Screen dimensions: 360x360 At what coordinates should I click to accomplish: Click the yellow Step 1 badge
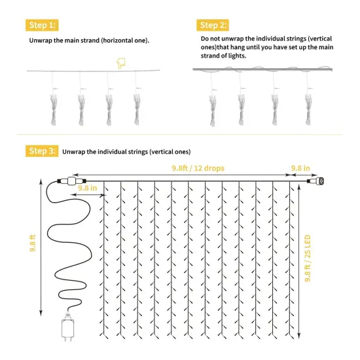[41, 25]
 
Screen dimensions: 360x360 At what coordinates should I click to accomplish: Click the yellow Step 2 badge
[213, 25]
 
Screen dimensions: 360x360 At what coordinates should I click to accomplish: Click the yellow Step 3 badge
[41, 151]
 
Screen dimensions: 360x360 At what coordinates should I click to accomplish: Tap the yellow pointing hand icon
[120, 63]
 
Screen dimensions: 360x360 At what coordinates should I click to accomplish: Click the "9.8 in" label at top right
[301, 168]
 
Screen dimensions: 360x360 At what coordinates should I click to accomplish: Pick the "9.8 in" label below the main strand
[88, 188]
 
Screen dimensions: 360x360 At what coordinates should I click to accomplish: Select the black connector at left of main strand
[68, 180]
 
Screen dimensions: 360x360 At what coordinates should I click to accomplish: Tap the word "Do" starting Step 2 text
[204, 39]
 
